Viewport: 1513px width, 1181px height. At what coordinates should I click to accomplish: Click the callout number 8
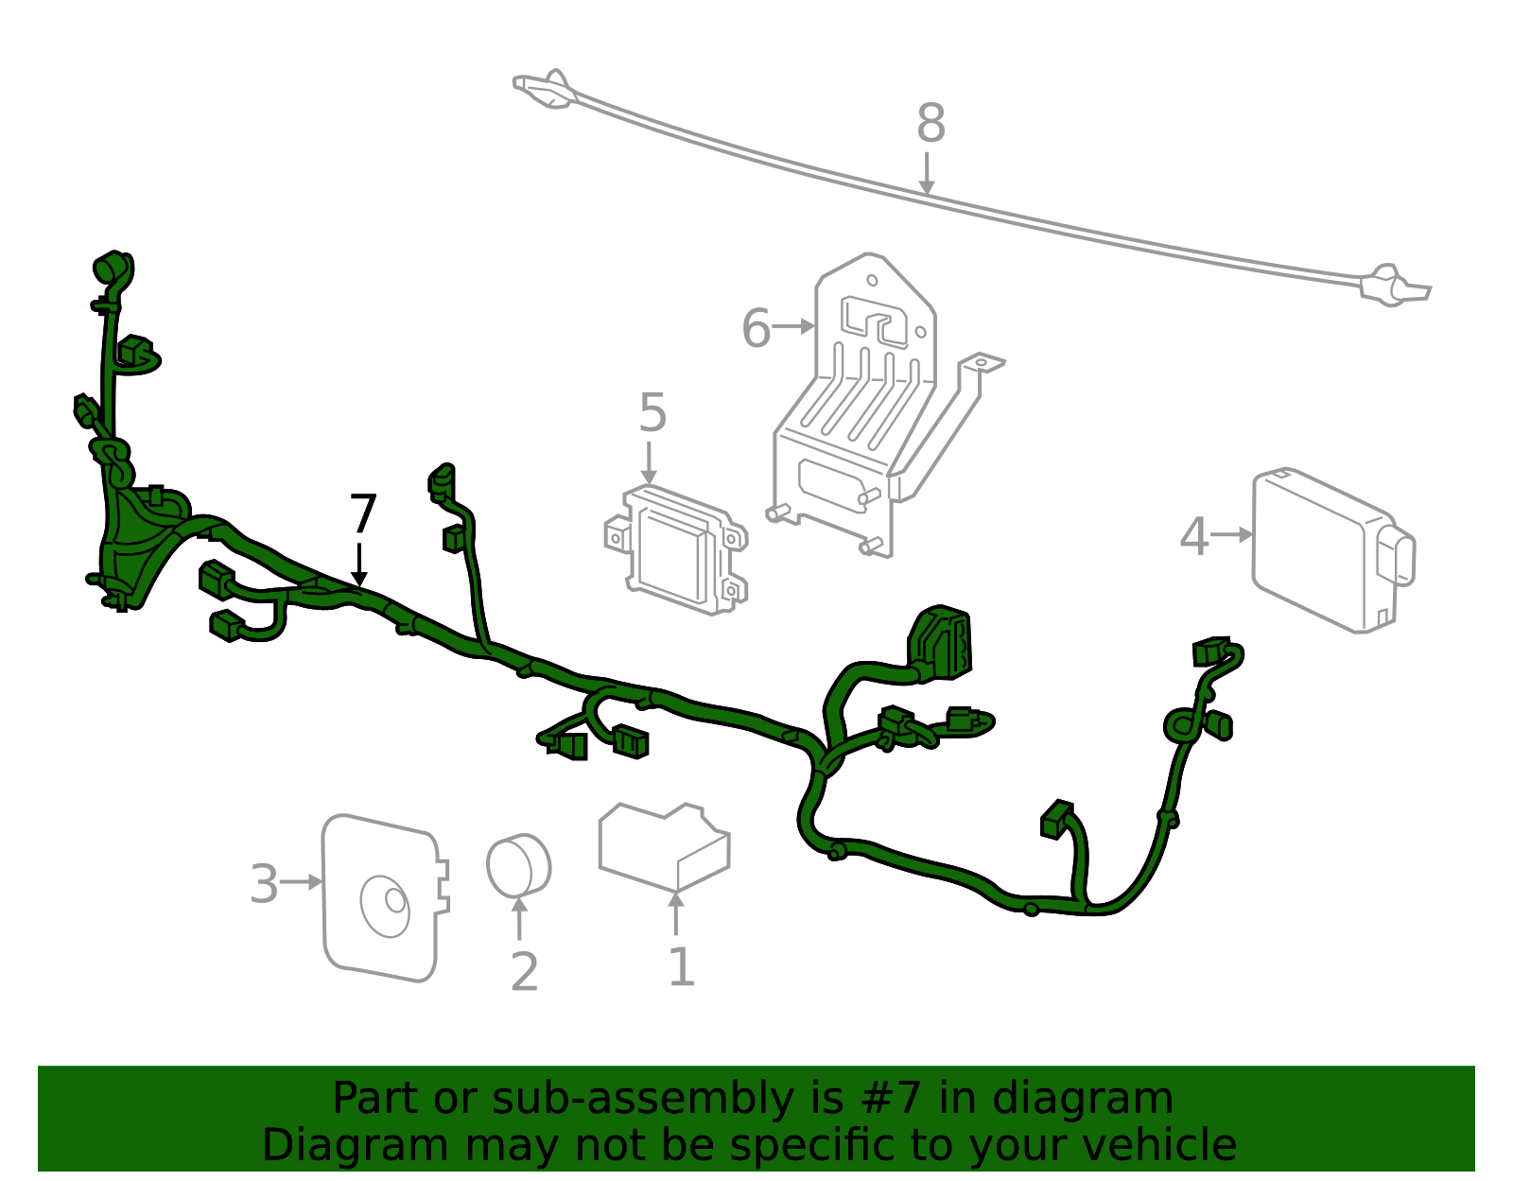pyautogui.click(x=930, y=124)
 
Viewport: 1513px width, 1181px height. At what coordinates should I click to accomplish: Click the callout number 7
pyautogui.click(x=363, y=515)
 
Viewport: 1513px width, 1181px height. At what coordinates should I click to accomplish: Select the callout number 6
pyautogui.click(x=756, y=329)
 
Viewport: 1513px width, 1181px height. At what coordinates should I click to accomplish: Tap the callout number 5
pyautogui.click(x=652, y=413)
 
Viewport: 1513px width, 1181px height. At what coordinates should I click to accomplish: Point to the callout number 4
pyautogui.click(x=1194, y=536)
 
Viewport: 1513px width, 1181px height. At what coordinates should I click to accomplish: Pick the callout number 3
pyautogui.click(x=264, y=885)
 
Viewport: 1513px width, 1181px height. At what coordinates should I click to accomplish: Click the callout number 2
pyautogui.click(x=524, y=972)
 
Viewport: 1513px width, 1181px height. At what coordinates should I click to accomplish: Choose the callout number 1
pyautogui.click(x=681, y=967)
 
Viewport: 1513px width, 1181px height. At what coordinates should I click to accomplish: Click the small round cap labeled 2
pyautogui.click(x=518, y=865)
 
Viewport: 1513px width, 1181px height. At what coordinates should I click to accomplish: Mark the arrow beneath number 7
pyautogui.click(x=359, y=564)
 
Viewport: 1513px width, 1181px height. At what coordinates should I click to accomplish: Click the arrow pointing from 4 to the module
pyautogui.click(x=1231, y=534)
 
